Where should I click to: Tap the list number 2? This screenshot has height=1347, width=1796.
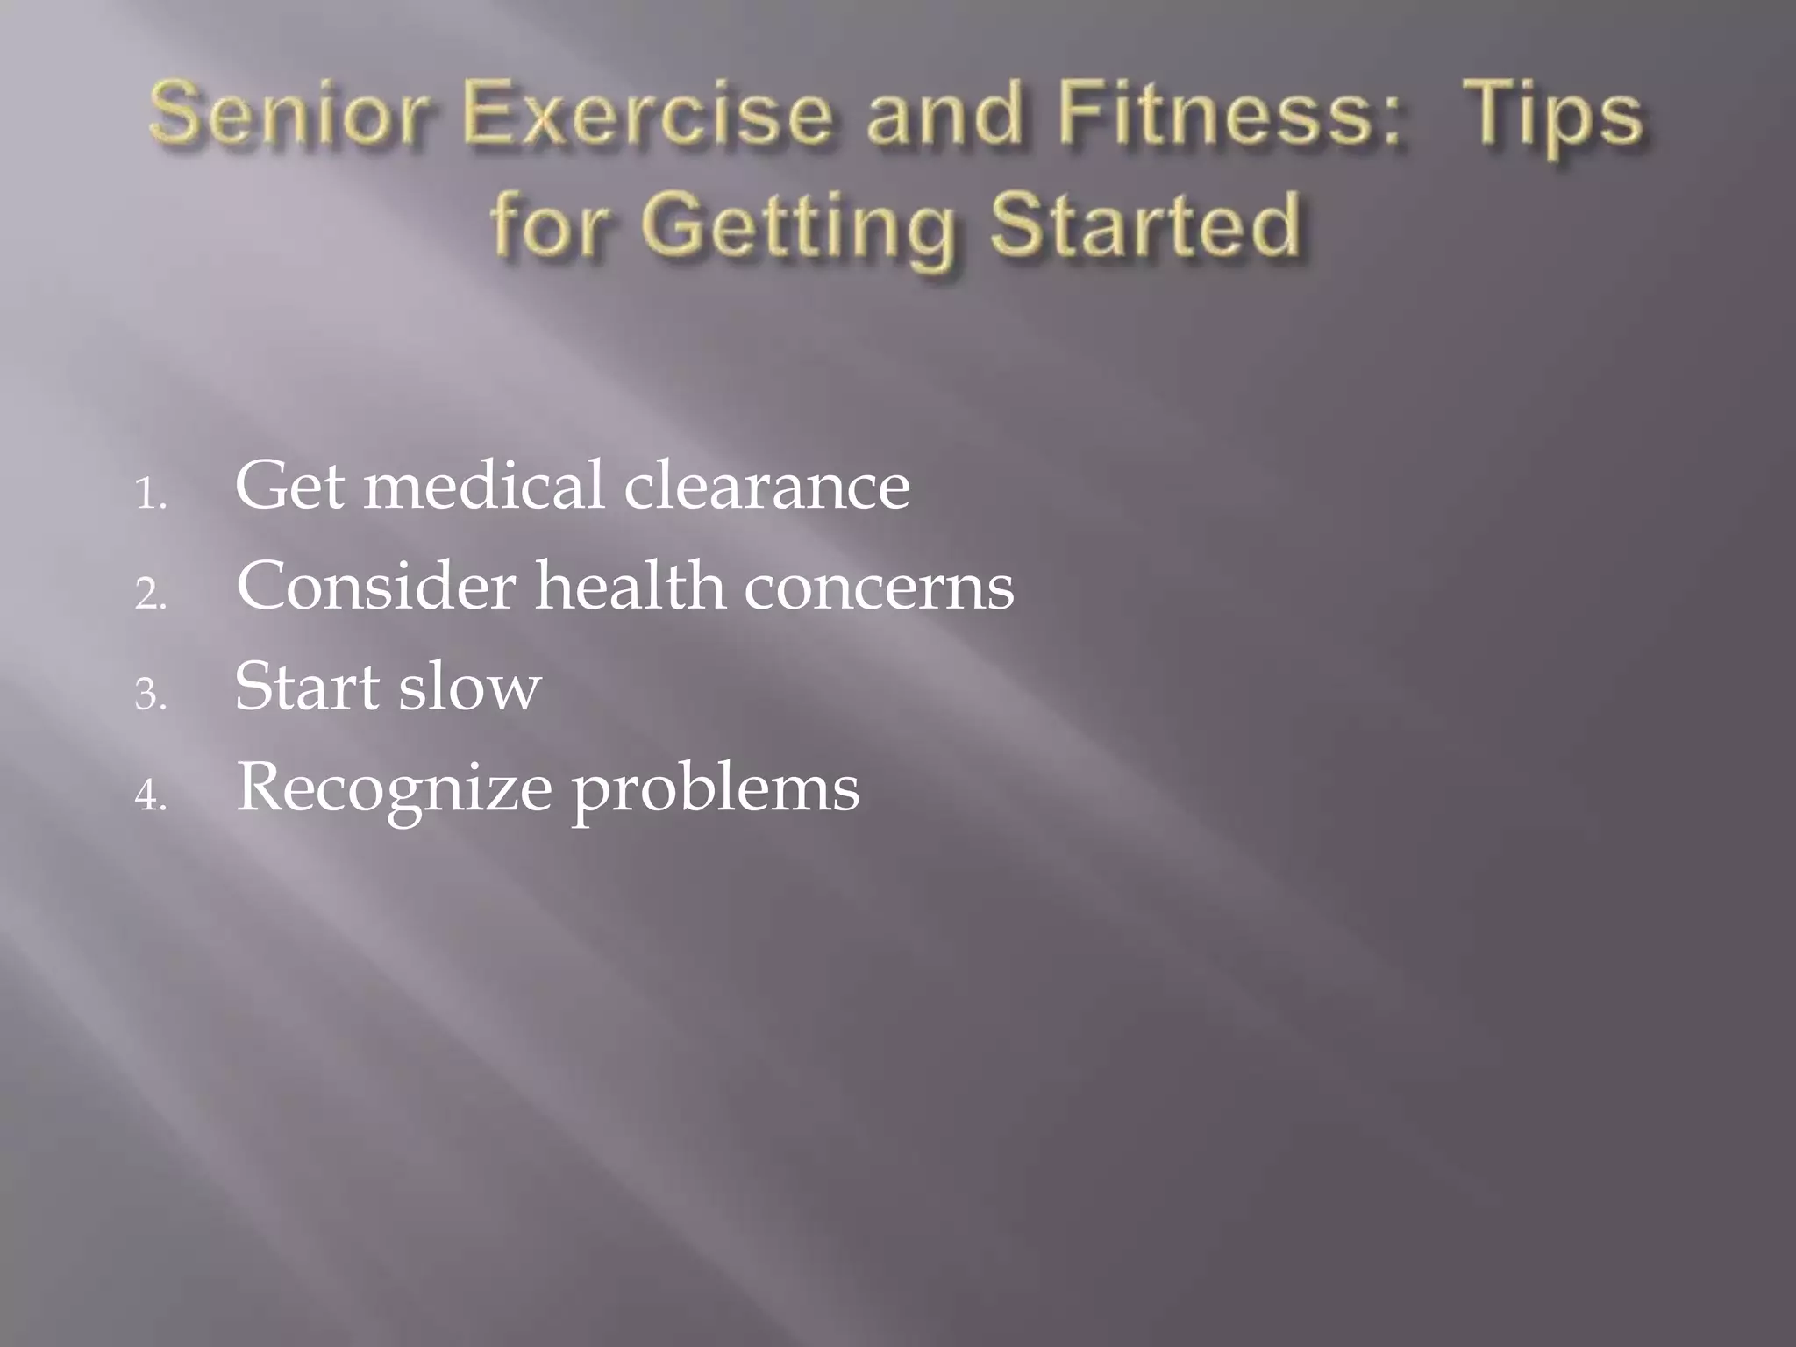click(150, 595)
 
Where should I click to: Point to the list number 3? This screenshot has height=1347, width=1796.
click(150, 695)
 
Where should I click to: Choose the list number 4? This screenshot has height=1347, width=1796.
click(150, 796)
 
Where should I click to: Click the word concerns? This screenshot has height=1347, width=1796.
click(879, 588)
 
